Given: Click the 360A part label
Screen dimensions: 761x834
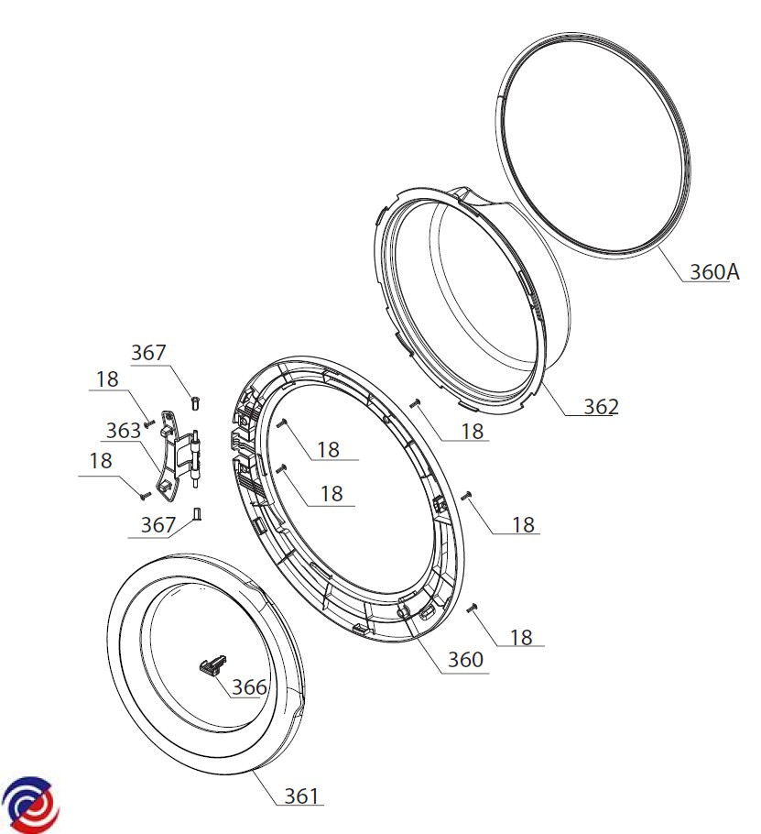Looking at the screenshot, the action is click(x=713, y=272).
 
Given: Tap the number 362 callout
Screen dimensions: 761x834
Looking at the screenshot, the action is click(x=601, y=407).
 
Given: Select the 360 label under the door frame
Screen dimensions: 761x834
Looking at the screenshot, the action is click(x=465, y=660).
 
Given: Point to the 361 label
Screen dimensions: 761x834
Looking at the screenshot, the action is click(x=301, y=796).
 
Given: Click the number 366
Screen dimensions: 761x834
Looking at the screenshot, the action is click(x=249, y=687).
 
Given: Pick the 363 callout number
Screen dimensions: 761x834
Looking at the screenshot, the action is click(x=124, y=431).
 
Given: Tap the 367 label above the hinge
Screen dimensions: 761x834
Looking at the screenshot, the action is click(x=148, y=352).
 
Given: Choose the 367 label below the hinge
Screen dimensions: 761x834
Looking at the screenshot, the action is click(x=158, y=525).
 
